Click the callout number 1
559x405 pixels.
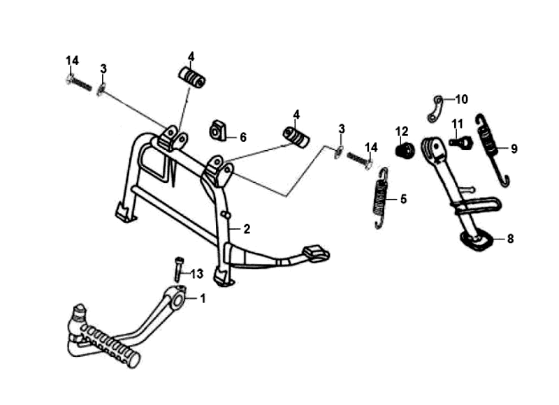pyautogui.click(x=203, y=299)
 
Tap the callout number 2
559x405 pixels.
pyautogui.click(x=246, y=228)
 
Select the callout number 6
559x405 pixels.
pyautogui.click(x=242, y=138)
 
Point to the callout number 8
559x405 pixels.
pyautogui.click(x=510, y=239)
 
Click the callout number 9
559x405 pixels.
pyautogui.click(x=514, y=148)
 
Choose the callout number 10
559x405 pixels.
pyautogui.click(x=462, y=98)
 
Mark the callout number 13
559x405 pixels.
pyautogui.click(x=197, y=273)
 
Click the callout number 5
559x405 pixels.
pyautogui.click(x=402, y=198)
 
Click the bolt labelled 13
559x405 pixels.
pyautogui.click(x=177, y=269)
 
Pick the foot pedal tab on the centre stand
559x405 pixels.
pyautogui.click(x=317, y=252)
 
